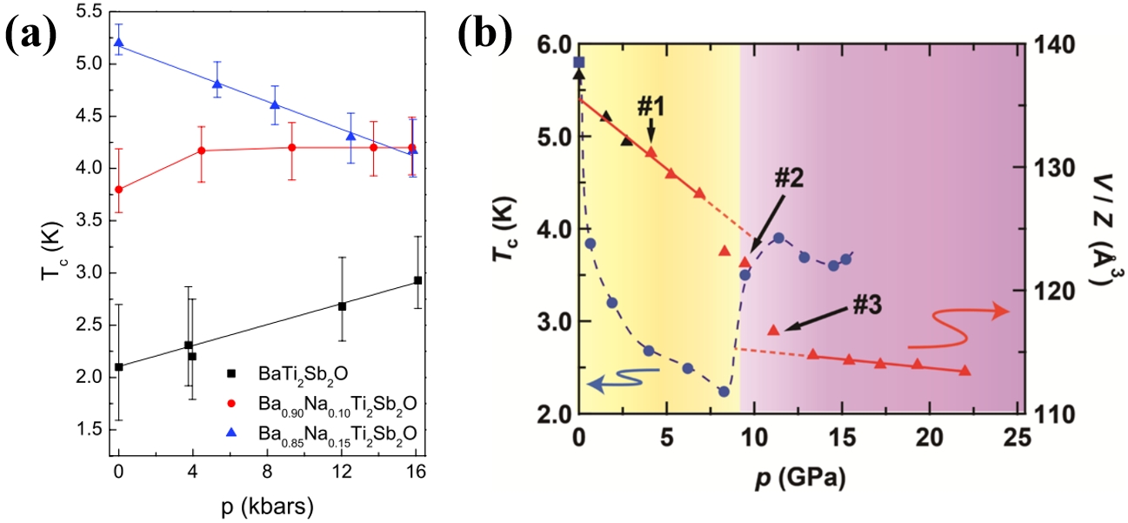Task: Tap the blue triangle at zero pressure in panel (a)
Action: [119, 42]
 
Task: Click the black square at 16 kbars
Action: [418, 279]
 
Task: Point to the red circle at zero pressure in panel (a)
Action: [119, 190]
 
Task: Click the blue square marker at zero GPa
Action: [579, 62]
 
